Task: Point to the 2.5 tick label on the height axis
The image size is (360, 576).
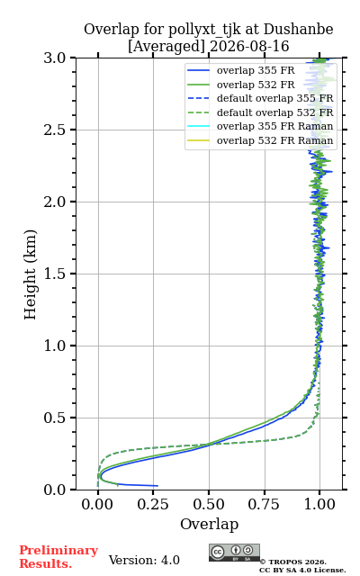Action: click(x=55, y=130)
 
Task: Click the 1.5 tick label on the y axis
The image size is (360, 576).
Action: click(x=55, y=274)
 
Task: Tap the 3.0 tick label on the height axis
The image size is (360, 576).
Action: click(x=55, y=58)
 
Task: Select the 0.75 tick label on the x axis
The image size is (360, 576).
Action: click(x=264, y=504)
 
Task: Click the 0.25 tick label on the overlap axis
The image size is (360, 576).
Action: click(x=153, y=504)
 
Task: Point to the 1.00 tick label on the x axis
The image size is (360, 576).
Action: click(x=319, y=504)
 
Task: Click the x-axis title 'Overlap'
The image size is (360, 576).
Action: click(x=209, y=524)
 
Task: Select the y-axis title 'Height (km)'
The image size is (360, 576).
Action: click(x=31, y=274)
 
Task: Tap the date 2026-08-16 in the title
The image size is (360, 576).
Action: click(x=249, y=47)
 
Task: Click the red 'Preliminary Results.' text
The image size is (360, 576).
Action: click(x=58, y=557)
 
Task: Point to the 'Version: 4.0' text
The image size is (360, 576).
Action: click(x=144, y=560)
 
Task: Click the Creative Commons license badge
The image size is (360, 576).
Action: click(x=234, y=553)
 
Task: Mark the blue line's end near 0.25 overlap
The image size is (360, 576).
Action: click(x=157, y=486)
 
